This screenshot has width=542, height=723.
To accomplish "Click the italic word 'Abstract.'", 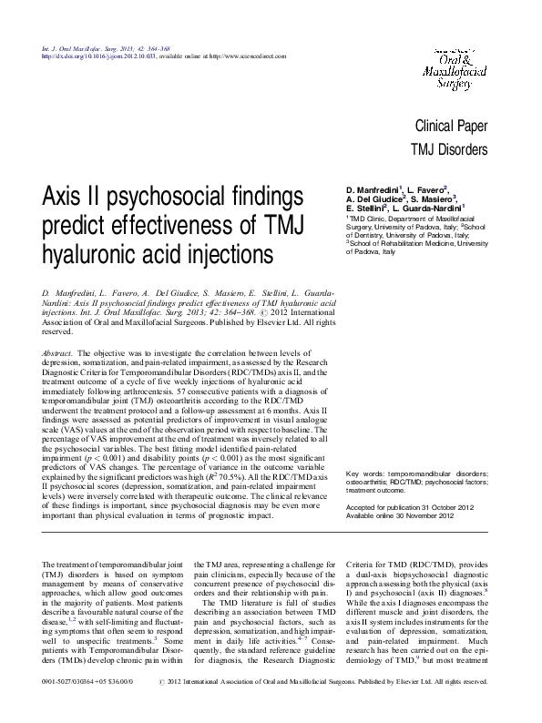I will coord(58,351).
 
